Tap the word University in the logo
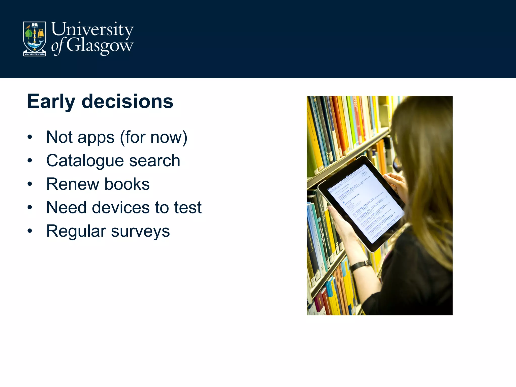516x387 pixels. click(x=92, y=30)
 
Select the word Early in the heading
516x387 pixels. click(x=51, y=102)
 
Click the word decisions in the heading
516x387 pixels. click(x=127, y=102)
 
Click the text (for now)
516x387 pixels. click(x=154, y=137)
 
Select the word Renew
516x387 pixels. click(x=73, y=184)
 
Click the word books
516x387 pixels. click(x=127, y=184)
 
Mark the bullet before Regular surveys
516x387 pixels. click(x=30, y=231)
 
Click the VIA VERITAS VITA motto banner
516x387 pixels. click(x=35, y=54)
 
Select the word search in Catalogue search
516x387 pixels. click(x=155, y=161)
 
